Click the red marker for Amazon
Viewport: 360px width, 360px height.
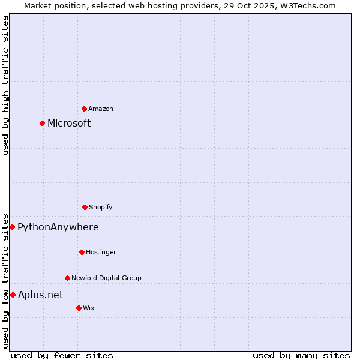tap(84, 109)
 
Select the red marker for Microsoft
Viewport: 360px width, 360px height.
tap(42, 123)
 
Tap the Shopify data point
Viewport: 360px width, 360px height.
tap(85, 207)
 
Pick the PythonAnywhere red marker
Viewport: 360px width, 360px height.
tap(12, 227)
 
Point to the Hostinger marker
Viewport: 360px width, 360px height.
tap(82, 252)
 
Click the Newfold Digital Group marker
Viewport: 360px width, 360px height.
tap(67, 278)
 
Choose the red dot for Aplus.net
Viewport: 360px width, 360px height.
tap(13, 295)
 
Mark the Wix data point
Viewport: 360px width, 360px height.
tap(79, 308)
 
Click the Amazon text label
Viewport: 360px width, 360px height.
tap(101, 109)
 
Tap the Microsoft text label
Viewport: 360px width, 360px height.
tap(69, 123)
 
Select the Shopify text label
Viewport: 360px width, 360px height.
tap(101, 207)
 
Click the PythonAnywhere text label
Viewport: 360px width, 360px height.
tap(58, 227)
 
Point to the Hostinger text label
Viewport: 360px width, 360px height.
tap(101, 252)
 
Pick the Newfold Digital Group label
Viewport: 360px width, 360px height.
tap(106, 278)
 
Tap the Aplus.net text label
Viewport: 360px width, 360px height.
tap(40, 295)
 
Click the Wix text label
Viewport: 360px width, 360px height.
tap(89, 308)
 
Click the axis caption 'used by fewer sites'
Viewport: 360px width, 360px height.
tap(62, 355)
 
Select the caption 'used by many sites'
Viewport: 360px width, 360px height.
tap(301, 355)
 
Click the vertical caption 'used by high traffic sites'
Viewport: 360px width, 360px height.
tap(5, 85)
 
